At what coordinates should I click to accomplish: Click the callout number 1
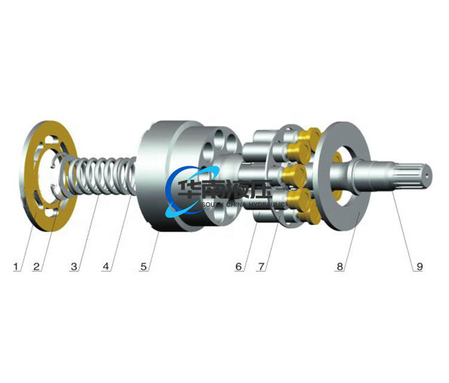point(16,266)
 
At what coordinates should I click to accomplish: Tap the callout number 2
point(37,266)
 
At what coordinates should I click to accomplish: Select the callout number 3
point(74,266)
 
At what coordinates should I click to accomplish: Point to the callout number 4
point(106,266)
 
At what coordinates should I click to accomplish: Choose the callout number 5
point(144,266)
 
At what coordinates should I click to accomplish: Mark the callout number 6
point(238,266)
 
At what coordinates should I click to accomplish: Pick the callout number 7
point(262,266)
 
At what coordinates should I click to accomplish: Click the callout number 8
point(339,266)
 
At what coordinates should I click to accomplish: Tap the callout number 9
point(420,266)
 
